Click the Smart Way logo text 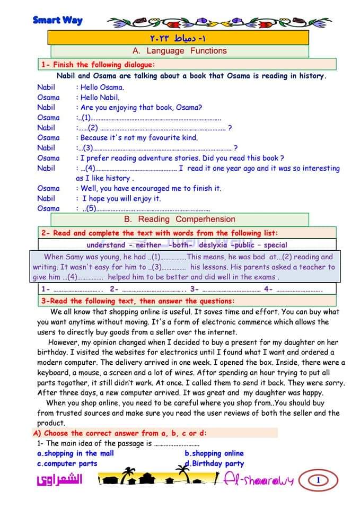click(x=58, y=20)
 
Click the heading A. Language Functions click(x=179, y=51)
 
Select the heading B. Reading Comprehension click(x=179, y=219)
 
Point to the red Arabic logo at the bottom click(x=60, y=480)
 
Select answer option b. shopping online click(x=214, y=453)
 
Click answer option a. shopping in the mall click(x=75, y=453)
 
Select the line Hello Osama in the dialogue click(x=102, y=87)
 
